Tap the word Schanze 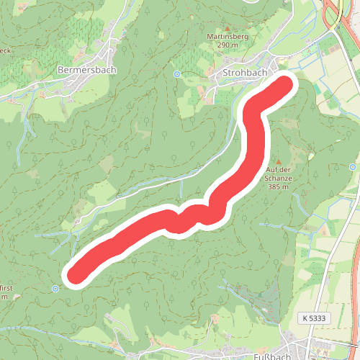277,178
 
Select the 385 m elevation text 277,186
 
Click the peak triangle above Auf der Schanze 277,160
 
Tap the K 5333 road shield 315,318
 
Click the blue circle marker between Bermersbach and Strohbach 177,73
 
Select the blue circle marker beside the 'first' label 55,289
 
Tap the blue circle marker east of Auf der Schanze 351,167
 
